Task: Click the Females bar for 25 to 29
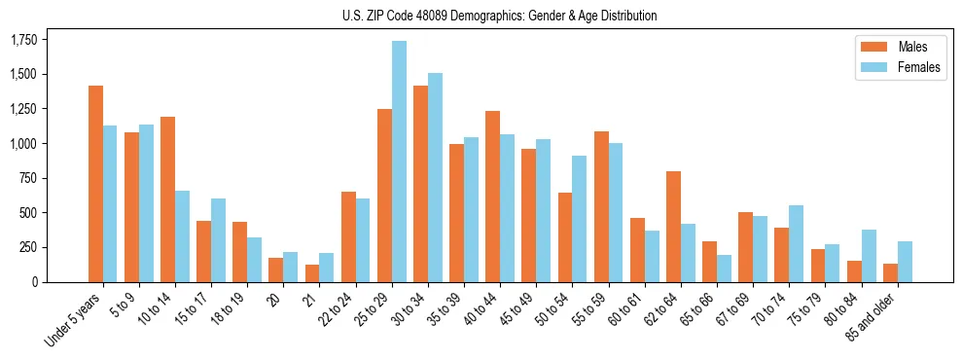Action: pos(399,162)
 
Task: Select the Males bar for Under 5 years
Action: pos(95,184)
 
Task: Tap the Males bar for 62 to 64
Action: pos(673,227)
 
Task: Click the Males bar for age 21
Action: pos(312,273)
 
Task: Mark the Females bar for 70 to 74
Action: pos(796,243)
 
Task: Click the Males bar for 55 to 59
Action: pos(601,206)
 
